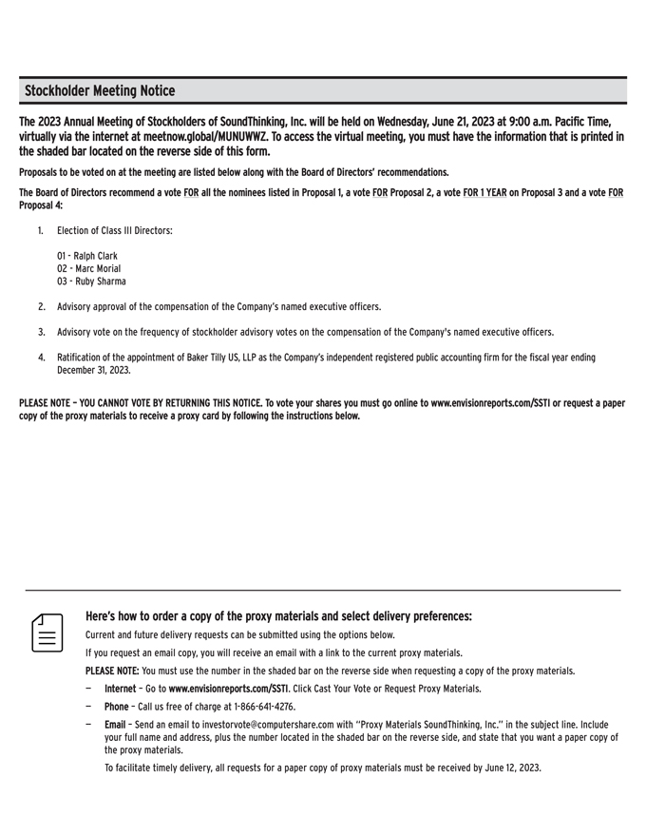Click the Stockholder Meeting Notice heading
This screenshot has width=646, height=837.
[100, 91]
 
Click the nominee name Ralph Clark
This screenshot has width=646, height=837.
[93, 256]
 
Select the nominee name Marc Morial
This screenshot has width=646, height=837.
[94, 268]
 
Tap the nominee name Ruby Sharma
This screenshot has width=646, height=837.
[97, 282]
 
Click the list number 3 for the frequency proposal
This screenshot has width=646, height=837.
[42, 332]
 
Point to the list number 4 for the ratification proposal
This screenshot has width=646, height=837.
[42, 358]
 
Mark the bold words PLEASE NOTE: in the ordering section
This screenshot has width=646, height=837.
[112, 671]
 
